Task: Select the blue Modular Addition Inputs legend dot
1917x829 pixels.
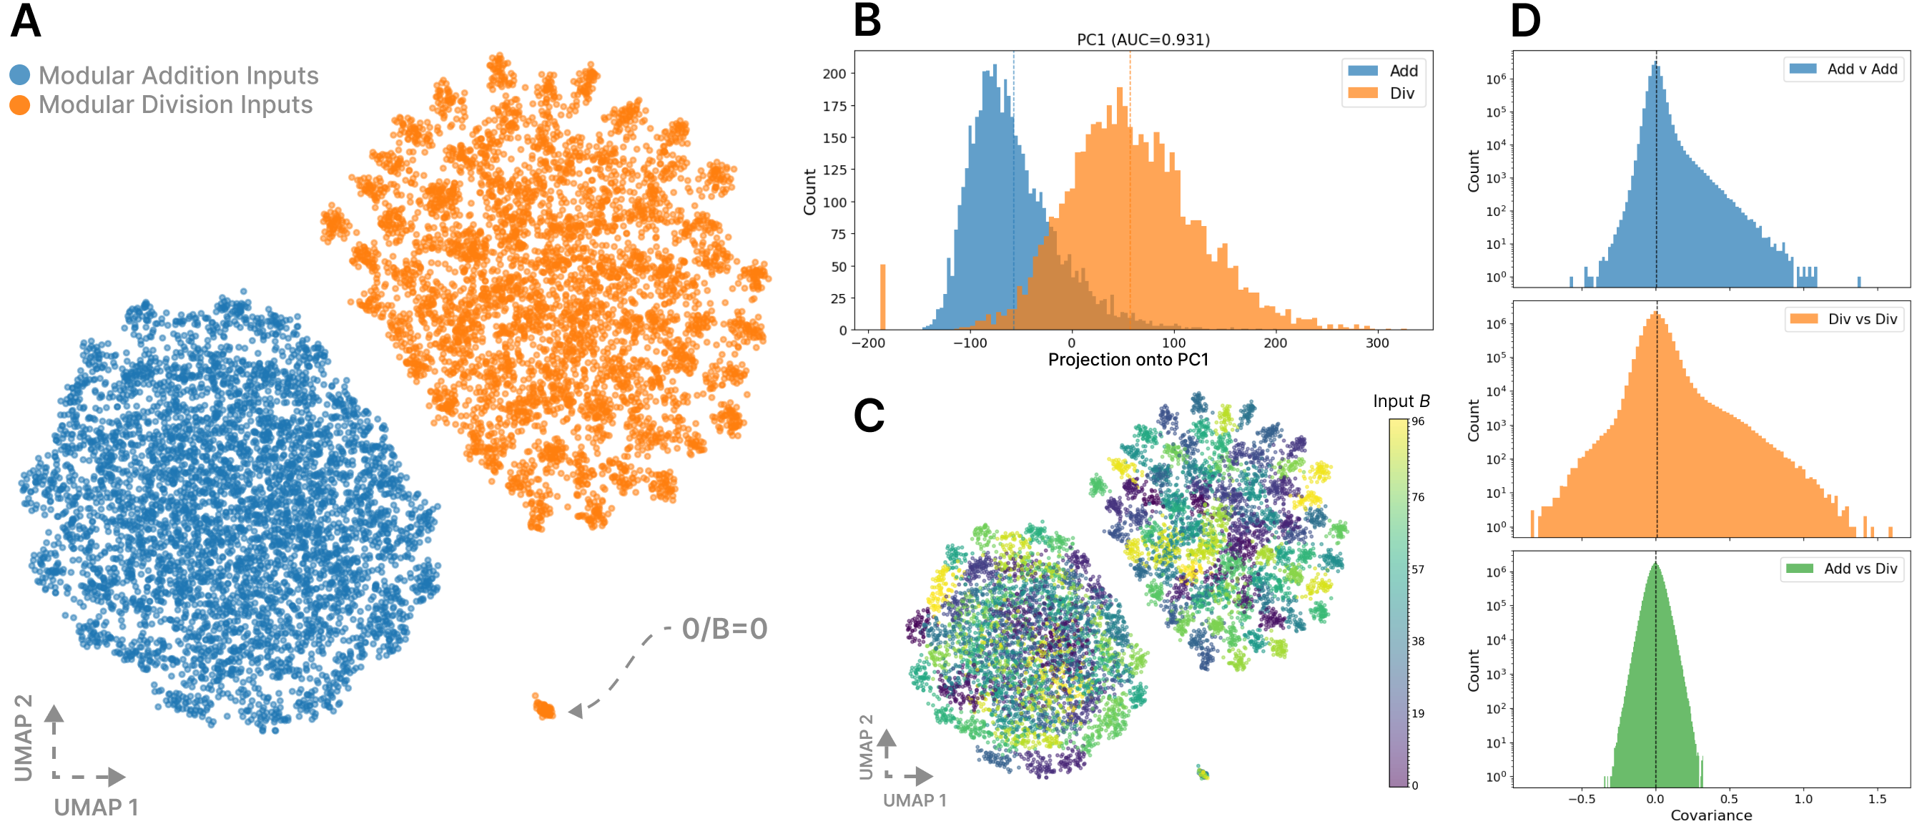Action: [20, 74]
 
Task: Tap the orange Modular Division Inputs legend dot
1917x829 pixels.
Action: [20, 105]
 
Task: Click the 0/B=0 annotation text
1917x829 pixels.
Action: [724, 629]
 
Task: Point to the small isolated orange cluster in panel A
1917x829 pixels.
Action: [544, 707]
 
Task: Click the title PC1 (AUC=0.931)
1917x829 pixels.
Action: [1143, 39]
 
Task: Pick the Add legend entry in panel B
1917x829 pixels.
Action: [1384, 71]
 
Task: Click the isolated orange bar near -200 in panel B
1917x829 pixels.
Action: [882, 297]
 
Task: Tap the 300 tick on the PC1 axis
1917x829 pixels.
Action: [1376, 343]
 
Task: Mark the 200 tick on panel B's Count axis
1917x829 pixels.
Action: [834, 74]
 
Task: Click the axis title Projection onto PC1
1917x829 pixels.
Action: [1128, 360]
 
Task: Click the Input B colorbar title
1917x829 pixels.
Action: [1401, 401]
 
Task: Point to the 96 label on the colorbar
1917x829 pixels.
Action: [1419, 421]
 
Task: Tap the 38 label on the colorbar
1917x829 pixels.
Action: [1419, 641]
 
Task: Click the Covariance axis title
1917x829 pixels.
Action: [1711, 815]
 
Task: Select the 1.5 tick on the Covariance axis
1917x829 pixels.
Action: [1877, 798]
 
